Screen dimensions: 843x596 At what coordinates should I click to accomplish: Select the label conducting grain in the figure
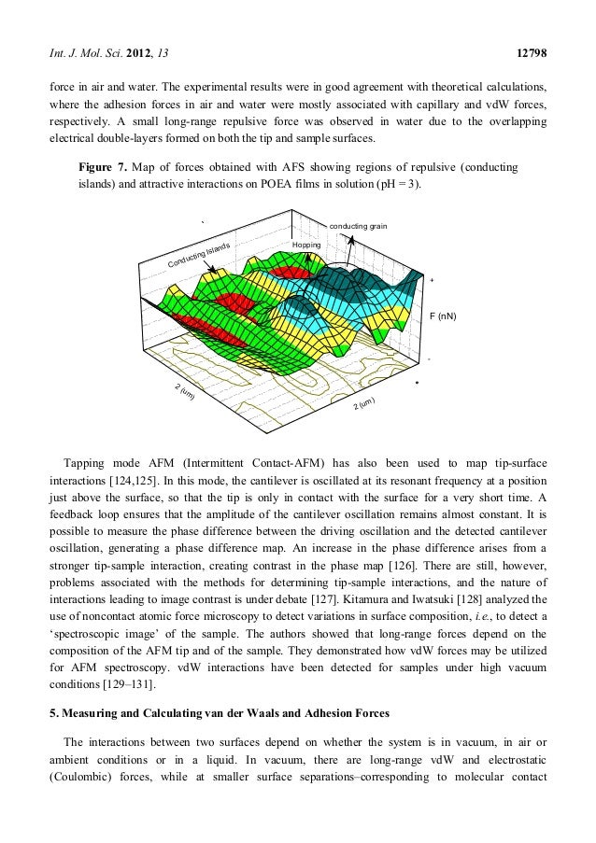click(359, 226)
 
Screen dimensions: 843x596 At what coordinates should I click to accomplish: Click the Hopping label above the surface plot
click(306, 245)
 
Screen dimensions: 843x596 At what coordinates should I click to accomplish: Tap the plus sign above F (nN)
click(431, 281)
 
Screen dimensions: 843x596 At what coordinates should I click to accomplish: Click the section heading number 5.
click(52, 716)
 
